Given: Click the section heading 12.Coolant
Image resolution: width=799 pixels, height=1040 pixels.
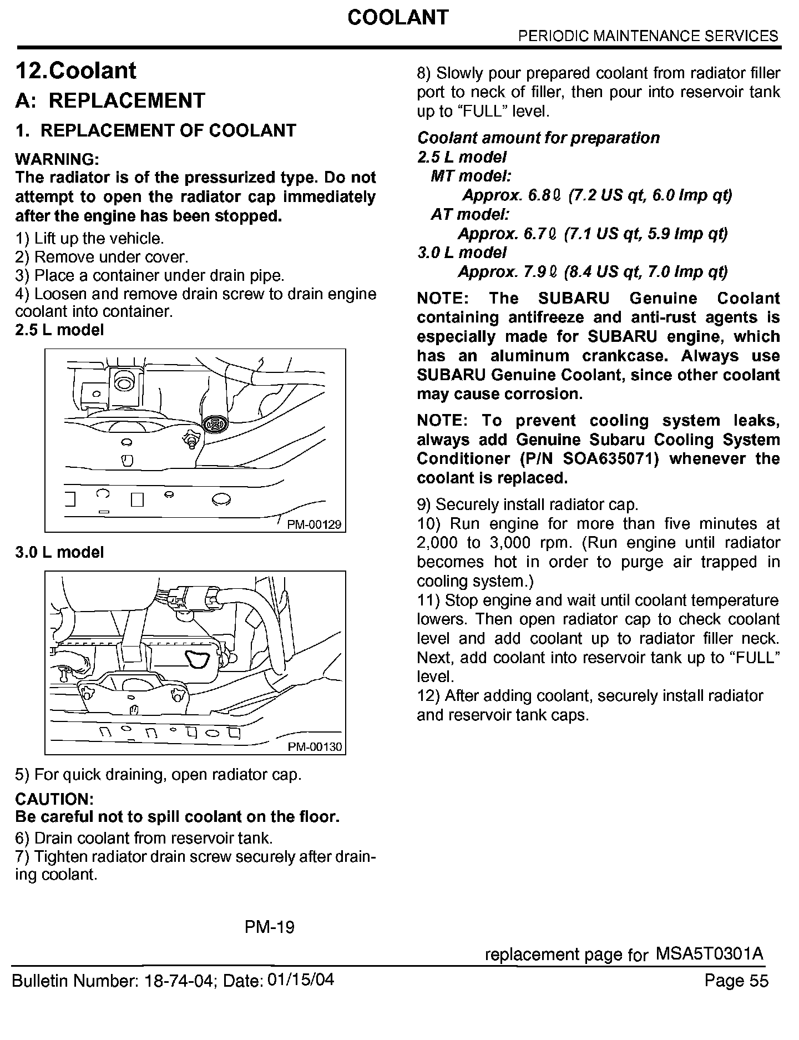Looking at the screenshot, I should (x=76, y=71).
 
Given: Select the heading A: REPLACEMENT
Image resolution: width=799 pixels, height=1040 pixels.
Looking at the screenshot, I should (x=110, y=100).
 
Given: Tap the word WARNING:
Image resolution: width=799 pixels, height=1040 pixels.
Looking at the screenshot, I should (x=57, y=159).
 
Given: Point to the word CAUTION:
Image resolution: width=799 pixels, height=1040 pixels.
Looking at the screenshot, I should (x=54, y=799).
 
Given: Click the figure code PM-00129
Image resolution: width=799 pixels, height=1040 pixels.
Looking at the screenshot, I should (x=314, y=524).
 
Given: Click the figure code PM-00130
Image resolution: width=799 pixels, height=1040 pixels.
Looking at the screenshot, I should (x=315, y=747).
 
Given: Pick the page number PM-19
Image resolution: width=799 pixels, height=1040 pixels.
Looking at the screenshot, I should (x=270, y=927).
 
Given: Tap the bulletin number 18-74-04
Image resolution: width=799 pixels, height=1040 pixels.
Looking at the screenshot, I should (x=179, y=981).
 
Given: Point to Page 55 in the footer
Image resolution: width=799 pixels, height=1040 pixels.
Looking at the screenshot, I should (x=736, y=981).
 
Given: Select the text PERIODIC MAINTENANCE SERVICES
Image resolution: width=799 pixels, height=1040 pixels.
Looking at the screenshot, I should (x=648, y=37).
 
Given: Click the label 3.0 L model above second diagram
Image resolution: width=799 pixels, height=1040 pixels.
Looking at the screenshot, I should (x=60, y=552).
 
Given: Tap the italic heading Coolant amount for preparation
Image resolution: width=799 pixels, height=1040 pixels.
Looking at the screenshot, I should (x=538, y=138).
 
